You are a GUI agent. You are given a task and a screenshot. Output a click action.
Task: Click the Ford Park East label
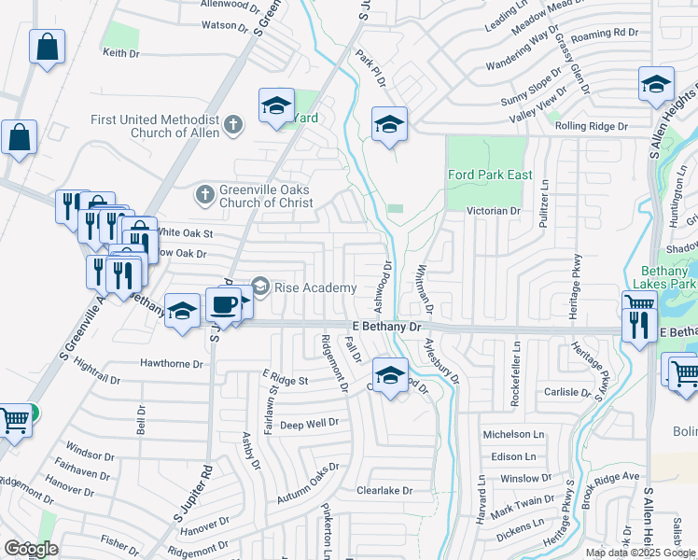(490, 175)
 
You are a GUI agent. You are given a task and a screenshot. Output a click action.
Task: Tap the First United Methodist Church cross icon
(234, 121)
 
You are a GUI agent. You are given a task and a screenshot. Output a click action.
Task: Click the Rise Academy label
(315, 287)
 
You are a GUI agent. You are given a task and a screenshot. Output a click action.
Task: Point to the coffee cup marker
(223, 304)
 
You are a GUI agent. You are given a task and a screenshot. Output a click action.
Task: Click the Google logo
(31, 548)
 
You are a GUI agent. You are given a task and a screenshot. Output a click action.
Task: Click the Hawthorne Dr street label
(172, 363)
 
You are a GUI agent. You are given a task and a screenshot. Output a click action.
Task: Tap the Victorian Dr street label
(495, 211)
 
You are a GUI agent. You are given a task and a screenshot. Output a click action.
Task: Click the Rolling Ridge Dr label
(592, 125)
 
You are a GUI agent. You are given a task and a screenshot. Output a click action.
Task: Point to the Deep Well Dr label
(309, 423)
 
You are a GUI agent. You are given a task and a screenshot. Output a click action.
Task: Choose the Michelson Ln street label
(513, 435)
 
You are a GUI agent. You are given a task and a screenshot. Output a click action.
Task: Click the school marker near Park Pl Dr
(389, 124)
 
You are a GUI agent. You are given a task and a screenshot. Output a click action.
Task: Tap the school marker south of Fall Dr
(391, 375)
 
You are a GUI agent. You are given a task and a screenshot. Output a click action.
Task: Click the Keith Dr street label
(121, 53)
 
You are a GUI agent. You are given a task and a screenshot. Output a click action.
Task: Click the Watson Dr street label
(225, 27)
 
